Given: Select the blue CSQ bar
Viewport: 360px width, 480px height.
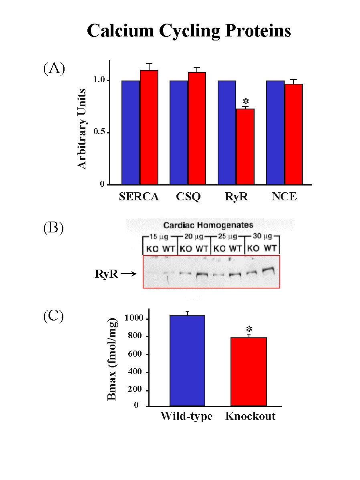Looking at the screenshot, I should (178, 132).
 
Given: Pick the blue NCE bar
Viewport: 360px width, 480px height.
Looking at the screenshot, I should (276, 132).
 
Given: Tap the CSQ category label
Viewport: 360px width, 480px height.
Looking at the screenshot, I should (188, 197).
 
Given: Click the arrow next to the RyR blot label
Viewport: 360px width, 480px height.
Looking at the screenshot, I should (129, 274).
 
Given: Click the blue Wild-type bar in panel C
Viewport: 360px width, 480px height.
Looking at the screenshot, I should (187, 361).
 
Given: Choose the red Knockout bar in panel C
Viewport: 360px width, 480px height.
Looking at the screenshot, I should (249, 371).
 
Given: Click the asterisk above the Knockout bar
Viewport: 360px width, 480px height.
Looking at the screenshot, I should (249, 329).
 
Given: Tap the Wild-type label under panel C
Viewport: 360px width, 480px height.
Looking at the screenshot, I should (186, 416).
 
